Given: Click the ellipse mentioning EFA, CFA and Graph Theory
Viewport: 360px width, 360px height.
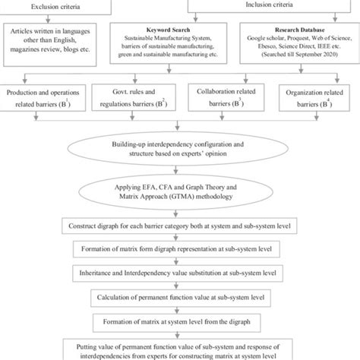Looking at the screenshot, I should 180,194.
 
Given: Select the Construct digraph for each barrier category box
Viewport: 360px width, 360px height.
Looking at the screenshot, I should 179,227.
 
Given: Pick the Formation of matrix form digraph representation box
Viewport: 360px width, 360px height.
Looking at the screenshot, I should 179,249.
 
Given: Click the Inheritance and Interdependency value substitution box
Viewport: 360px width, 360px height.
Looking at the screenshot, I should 179,272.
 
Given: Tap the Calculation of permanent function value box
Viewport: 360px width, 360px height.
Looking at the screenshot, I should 179,295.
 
